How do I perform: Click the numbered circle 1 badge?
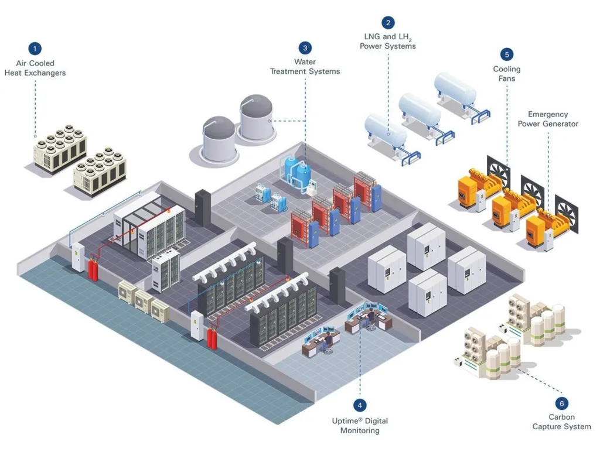point(35,49)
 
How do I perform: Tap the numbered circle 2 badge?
point(388,22)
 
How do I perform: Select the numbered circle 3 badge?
point(305,48)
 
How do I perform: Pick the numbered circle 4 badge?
point(360,405)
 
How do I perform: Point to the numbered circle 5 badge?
point(507,54)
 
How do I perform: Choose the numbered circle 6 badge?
point(561,403)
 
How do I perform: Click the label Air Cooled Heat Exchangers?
point(35,68)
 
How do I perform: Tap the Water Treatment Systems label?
point(305,67)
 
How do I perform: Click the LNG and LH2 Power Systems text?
point(388,41)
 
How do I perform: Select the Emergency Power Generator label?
point(548,119)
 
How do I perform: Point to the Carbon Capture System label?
point(561,422)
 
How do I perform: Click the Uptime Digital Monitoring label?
point(360,426)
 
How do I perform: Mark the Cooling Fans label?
point(507,73)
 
